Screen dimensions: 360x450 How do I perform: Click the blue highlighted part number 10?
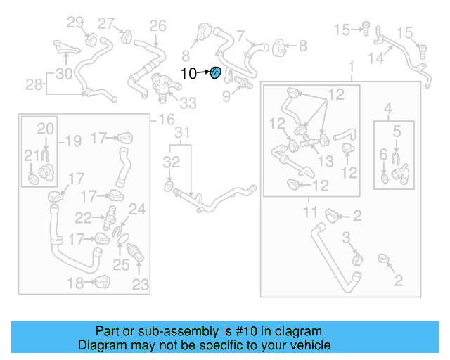click(217, 72)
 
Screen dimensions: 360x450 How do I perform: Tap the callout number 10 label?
click(189, 72)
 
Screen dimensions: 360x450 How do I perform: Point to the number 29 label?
click(75, 22)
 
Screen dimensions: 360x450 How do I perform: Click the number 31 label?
click(182, 133)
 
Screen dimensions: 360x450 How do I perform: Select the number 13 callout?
click(326, 162)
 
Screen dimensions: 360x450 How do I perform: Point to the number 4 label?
click(387, 108)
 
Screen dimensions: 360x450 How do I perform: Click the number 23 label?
click(141, 285)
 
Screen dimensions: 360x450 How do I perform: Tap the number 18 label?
click(75, 283)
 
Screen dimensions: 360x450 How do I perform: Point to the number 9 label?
click(226, 95)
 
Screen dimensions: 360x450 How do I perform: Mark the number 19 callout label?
click(73, 141)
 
